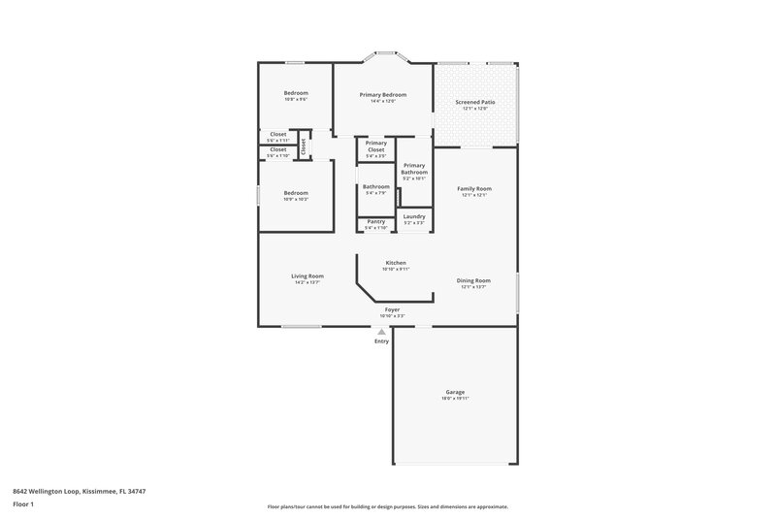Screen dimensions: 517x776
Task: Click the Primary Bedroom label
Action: point(382,94)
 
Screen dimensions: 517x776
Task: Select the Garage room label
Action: point(454,392)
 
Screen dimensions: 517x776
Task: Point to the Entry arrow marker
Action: point(381,332)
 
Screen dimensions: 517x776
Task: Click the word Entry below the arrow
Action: point(381,341)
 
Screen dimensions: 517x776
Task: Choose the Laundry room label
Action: point(414,216)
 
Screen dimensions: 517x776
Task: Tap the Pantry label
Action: point(375,221)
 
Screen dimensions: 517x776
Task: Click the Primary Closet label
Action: point(375,146)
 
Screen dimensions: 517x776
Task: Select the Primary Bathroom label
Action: point(414,169)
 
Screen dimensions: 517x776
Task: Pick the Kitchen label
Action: point(395,263)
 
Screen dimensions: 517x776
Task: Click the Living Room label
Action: point(307,275)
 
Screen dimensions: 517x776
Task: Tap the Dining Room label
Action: point(473,280)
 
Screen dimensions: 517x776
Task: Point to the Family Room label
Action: point(473,188)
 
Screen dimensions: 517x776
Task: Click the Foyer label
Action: point(392,309)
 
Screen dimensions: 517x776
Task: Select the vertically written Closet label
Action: point(303,146)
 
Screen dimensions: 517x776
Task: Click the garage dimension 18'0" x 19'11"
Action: point(454,399)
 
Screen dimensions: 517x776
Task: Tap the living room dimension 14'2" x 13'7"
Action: point(307,282)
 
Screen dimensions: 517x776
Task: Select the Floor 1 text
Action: point(24,505)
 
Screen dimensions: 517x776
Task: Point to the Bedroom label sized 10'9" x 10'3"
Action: point(296,193)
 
